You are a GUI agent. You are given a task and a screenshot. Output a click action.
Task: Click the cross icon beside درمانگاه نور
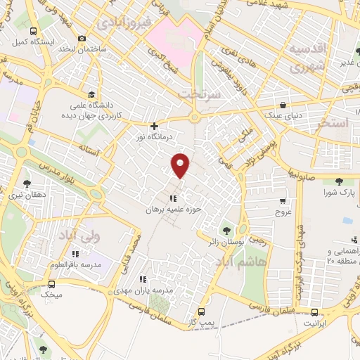click(154, 127)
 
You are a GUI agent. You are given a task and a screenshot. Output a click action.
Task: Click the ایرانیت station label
click(314, 323)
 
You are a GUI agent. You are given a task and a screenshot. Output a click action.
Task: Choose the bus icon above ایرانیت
click(314, 311)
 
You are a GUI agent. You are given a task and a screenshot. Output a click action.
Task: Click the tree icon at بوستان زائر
click(226, 229)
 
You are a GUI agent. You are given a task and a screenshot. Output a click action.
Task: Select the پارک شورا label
click(337, 191)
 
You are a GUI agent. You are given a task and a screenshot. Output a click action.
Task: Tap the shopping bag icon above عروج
click(283, 199)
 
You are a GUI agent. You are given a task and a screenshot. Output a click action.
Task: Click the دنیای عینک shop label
click(280, 112)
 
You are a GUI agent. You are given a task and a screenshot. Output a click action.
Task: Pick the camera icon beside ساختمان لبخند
click(82, 38)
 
